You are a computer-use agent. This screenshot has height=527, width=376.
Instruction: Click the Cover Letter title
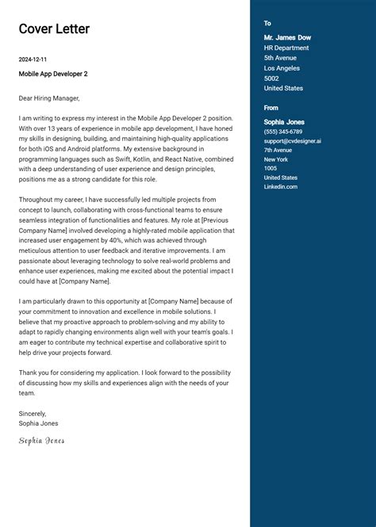[54, 29]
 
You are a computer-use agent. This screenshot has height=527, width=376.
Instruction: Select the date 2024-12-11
[33, 59]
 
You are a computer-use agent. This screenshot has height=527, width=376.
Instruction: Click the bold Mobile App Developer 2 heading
[53, 74]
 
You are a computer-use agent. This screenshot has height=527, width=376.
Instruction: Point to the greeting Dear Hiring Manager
[49, 98]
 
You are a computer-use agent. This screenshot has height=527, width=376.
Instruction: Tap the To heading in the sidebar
[267, 24]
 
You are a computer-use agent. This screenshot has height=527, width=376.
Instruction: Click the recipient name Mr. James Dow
[287, 37]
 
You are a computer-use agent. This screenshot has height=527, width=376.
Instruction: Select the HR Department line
[286, 48]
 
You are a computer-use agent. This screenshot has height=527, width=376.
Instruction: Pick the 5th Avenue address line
[280, 58]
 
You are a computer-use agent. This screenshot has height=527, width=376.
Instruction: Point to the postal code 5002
[272, 78]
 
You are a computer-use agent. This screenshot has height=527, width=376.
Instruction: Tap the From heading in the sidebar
[271, 108]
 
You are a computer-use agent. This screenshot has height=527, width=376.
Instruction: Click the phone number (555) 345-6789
[283, 132]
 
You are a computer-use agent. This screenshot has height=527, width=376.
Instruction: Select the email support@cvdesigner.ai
[293, 141]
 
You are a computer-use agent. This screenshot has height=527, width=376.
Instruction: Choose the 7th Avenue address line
[278, 150]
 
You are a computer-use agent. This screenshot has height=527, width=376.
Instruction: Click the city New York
[276, 159]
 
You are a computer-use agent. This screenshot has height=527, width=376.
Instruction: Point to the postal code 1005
[270, 168]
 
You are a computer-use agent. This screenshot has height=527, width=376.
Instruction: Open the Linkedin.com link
[281, 186]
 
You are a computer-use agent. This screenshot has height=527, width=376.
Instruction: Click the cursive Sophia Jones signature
[42, 441]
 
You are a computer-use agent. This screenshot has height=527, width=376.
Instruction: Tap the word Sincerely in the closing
[33, 414]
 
